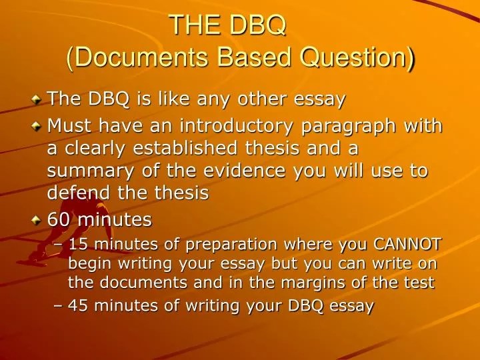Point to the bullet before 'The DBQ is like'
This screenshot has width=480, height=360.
click(x=37, y=100)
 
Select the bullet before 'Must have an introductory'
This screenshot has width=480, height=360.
click(x=37, y=127)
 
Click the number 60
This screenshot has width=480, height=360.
click(x=58, y=219)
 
